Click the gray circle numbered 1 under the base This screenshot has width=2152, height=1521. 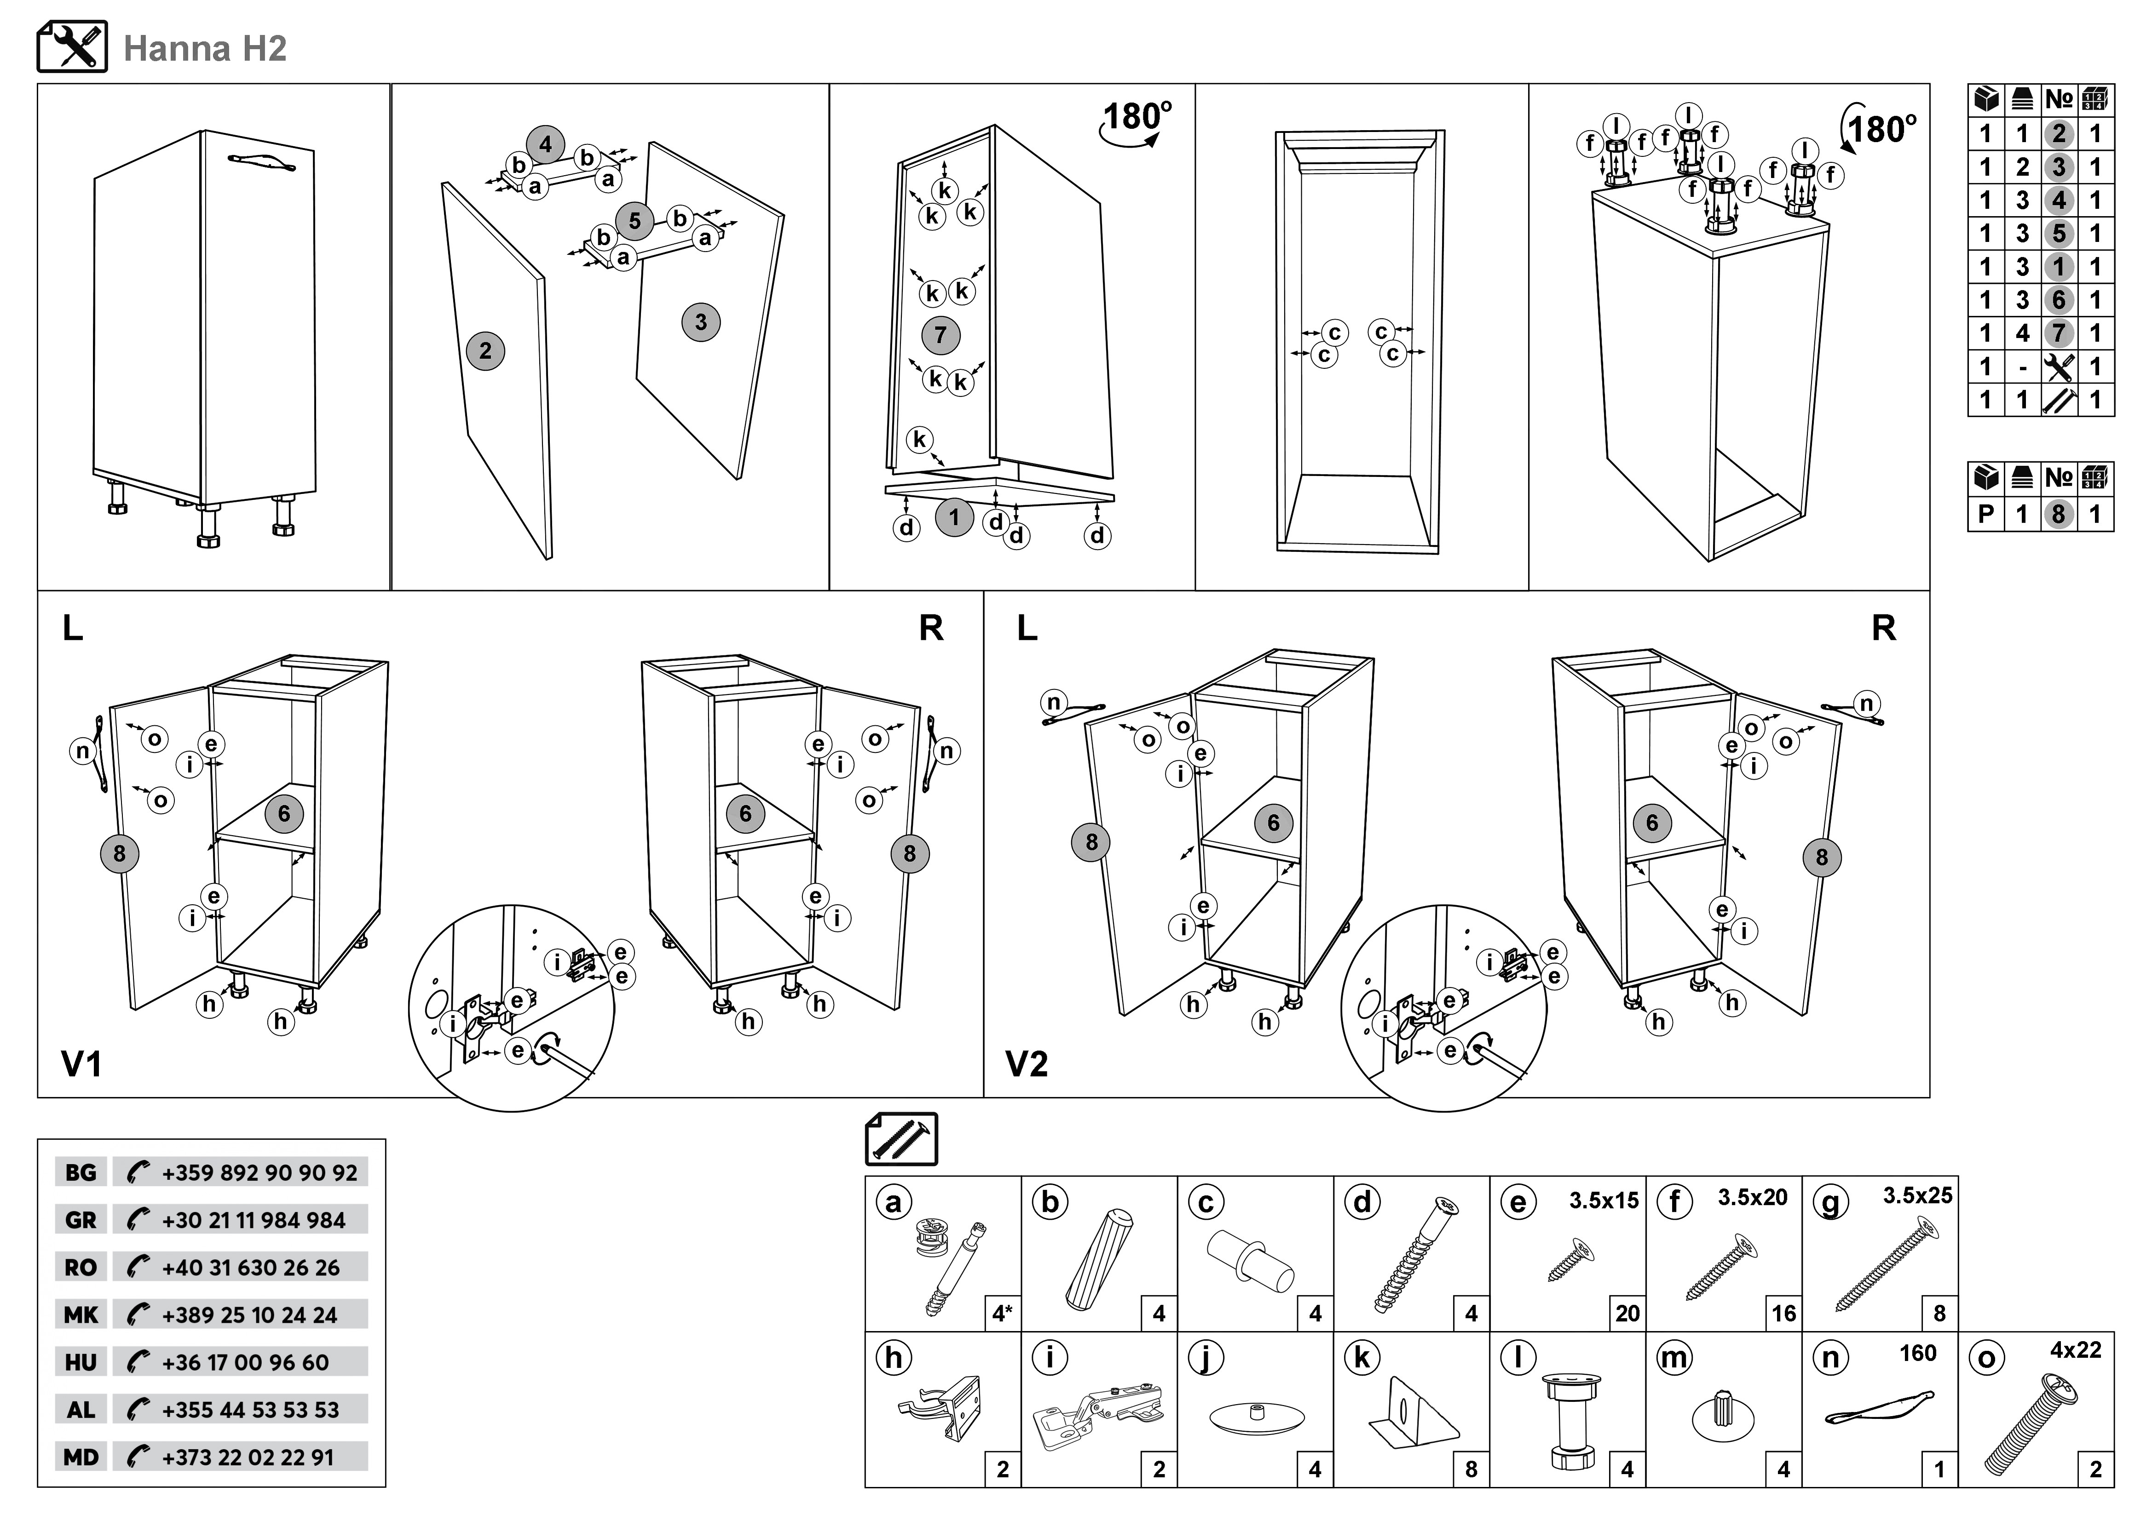pyautogui.click(x=954, y=517)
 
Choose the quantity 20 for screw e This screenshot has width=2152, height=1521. pyautogui.click(x=1627, y=1314)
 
